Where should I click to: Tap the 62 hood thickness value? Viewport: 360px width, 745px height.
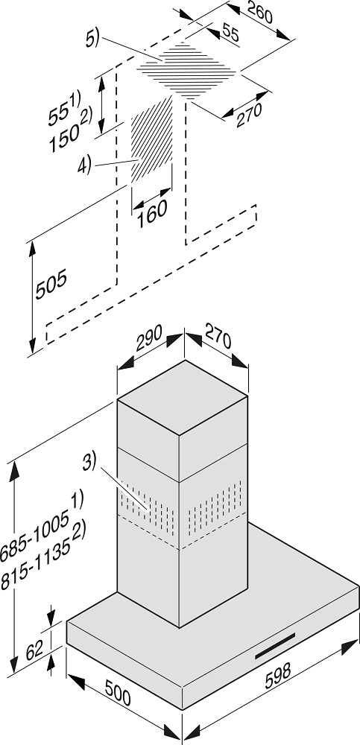(34, 650)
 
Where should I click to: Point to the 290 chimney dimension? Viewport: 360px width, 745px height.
(149, 337)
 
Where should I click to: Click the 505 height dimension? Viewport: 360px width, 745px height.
(51, 285)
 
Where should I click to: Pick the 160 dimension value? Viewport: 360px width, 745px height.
(152, 213)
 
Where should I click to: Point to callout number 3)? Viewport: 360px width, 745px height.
(89, 463)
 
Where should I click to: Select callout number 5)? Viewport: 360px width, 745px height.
(92, 39)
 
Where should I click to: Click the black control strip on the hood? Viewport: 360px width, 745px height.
(275, 646)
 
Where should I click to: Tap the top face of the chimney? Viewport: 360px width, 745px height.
(182, 397)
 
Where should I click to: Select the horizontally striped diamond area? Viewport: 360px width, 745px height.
(186, 70)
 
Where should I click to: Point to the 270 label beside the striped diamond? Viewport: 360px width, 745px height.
(249, 115)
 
